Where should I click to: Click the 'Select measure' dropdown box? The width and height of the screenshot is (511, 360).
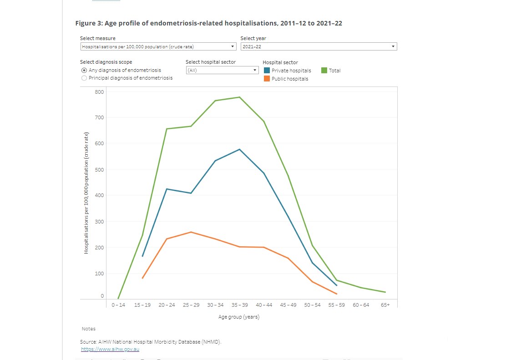(158, 46)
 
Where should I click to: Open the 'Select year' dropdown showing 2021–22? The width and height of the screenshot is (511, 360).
(319, 46)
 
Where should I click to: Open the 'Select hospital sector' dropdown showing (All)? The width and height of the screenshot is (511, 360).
(222, 70)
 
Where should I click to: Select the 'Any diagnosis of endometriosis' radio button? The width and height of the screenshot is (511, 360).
(84, 70)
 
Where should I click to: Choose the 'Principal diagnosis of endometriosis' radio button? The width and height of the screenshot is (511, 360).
(84, 78)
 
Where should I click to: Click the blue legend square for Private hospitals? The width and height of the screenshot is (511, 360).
(267, 71)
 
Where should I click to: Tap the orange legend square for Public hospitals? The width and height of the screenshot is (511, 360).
(267, 79)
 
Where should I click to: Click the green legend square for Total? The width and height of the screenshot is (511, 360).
(324, 71)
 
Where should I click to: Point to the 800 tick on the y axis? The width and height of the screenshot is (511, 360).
(99, 92)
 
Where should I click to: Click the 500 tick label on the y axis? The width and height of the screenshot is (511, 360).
(99, 170)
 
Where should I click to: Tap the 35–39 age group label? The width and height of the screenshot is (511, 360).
(239, 305)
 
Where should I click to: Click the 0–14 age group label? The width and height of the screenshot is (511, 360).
(118, 305)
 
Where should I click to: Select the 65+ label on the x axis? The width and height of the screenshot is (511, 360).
(385, 305)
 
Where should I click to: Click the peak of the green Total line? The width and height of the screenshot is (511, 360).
(239, 97)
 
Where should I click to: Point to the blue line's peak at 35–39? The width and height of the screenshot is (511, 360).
(239, 149)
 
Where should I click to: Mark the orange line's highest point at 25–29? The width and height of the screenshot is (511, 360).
(191, 232)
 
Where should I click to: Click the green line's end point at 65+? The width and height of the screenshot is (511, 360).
(385, 292)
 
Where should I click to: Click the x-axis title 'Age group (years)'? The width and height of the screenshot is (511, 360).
(239, 317)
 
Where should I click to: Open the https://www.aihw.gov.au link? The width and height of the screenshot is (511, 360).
(110, 349)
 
